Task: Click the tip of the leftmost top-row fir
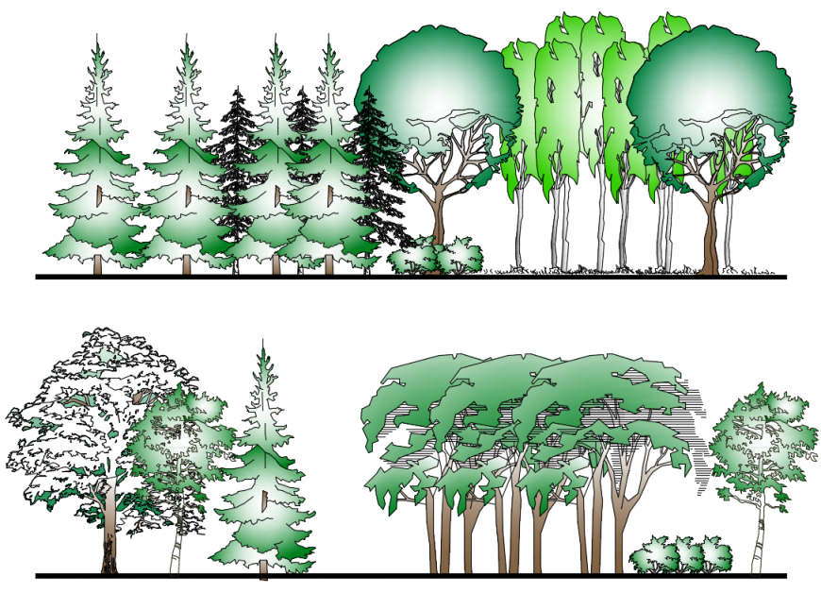point(98,40)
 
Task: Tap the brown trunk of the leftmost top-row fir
point(97,265)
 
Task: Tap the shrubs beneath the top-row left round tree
point(436,257)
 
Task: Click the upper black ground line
point(283,277)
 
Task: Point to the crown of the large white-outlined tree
point(85,406)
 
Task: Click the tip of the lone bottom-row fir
point(263,346)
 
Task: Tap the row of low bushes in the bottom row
point(679,557)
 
